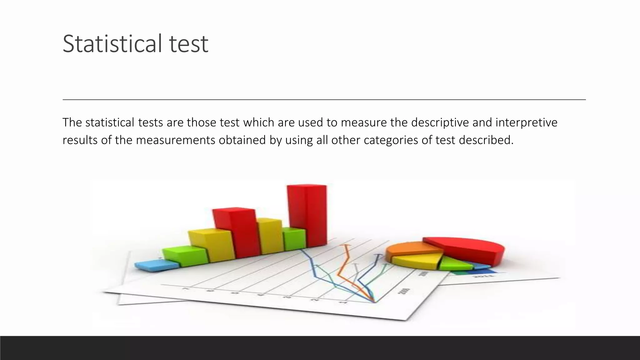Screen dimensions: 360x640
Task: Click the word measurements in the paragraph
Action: click(x=175, y=140)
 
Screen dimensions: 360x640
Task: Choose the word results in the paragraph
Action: click(x=80, y=140)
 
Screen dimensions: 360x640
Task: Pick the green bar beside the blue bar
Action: click(x=185, y=256)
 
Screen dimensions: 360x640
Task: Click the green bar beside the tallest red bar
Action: click(x=294, y=239)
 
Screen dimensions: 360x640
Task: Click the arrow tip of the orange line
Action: click(x=346, y=246)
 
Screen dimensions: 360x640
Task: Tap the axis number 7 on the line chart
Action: click(x=187, y=289)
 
